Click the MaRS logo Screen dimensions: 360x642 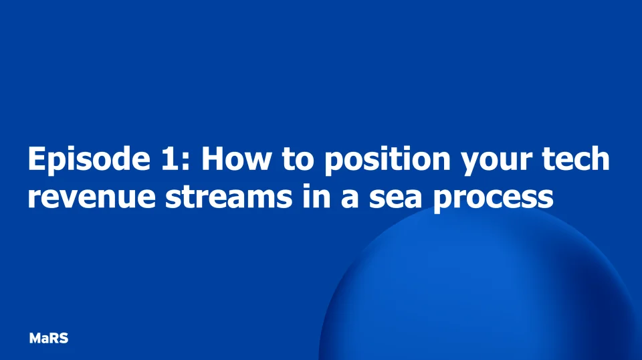[x=49, y=339]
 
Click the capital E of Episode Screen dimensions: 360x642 [x=36, y=160]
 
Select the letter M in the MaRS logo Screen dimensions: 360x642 [x=35, y=339]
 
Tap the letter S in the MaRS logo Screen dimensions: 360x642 [x=64, y=339]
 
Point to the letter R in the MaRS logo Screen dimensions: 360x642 [x=54, y=339]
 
